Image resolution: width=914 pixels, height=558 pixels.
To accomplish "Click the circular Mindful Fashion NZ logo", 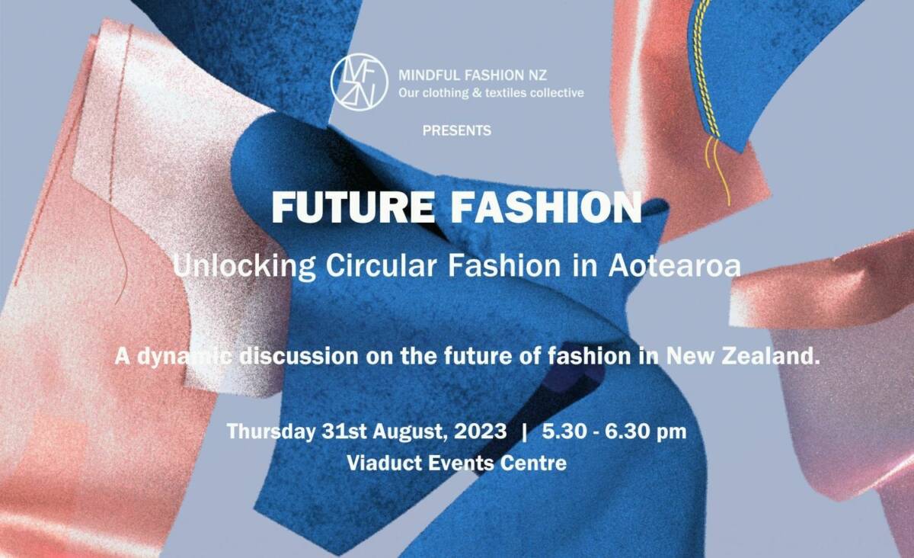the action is tap(359, 82).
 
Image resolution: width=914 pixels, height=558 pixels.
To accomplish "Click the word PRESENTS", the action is tap(456, 130).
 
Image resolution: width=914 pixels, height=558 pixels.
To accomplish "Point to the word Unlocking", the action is tap(244, 266).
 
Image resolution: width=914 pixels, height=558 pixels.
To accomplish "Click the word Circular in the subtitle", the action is tap(382, 266).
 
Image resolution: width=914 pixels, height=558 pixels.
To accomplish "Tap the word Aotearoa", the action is tap(675, 266).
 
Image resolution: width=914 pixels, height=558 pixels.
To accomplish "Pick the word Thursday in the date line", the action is tap(271, 431).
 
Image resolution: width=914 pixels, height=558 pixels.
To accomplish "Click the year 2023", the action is tap(480, 431).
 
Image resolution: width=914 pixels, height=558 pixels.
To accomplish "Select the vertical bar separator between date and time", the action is tap(524, 431).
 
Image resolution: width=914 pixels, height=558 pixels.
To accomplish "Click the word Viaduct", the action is tap(379, 463).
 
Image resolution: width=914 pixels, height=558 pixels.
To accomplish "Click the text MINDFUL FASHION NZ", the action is tap(472, 75).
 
